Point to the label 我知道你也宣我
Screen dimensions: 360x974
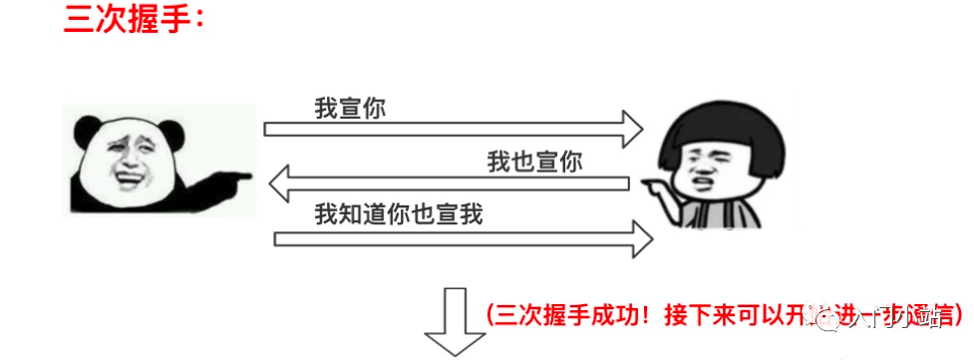tap(398, 213)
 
